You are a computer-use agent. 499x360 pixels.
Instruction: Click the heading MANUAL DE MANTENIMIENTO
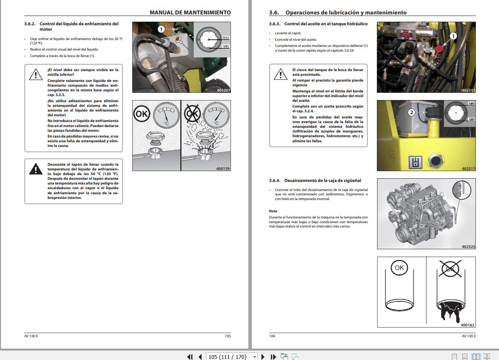point(190,13)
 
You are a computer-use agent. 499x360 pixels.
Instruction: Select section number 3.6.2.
point(30,24)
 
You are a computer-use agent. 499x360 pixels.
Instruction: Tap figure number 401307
point(223,90)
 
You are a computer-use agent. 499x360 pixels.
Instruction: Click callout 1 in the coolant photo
point(161,29)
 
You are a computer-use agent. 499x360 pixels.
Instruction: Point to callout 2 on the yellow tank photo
point(411,112)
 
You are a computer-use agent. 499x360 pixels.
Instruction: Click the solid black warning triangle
point(36,169)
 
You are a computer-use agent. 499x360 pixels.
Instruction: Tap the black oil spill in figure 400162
point(450,311)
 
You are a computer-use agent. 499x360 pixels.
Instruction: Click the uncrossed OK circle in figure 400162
point(399,268)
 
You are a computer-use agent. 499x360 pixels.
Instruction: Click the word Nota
point(273,211)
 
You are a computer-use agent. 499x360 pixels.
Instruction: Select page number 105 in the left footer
point(228,336)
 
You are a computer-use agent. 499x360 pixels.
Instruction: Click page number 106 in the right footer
point(272,336)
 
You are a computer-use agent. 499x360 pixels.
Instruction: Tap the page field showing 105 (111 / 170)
point(228,357)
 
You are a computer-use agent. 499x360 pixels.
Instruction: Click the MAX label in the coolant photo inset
point(226,38)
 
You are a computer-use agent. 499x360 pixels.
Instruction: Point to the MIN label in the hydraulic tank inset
point(472,120)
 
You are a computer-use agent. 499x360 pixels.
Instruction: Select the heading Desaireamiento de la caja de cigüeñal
point(322,181)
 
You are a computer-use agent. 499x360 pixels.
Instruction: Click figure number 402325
point(468,247)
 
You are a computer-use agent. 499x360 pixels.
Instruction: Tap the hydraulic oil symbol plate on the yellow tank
point(416,162)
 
